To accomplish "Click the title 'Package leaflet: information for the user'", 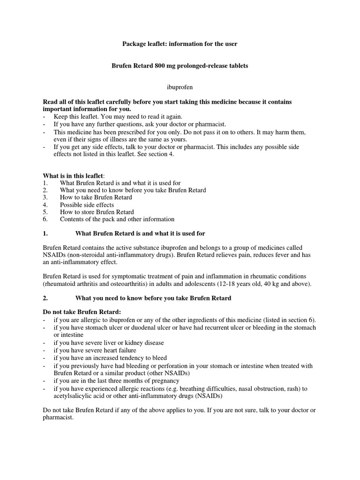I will (180, 44).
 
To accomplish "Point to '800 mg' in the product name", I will (165, 66).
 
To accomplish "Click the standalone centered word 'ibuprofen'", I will (180, 87).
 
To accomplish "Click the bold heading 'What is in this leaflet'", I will (76, 175).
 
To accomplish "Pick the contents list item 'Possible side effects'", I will (87, 205).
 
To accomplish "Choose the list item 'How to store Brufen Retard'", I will (97, 212).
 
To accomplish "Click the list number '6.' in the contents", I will (45, 219).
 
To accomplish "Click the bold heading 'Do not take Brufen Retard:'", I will (82, 312).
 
